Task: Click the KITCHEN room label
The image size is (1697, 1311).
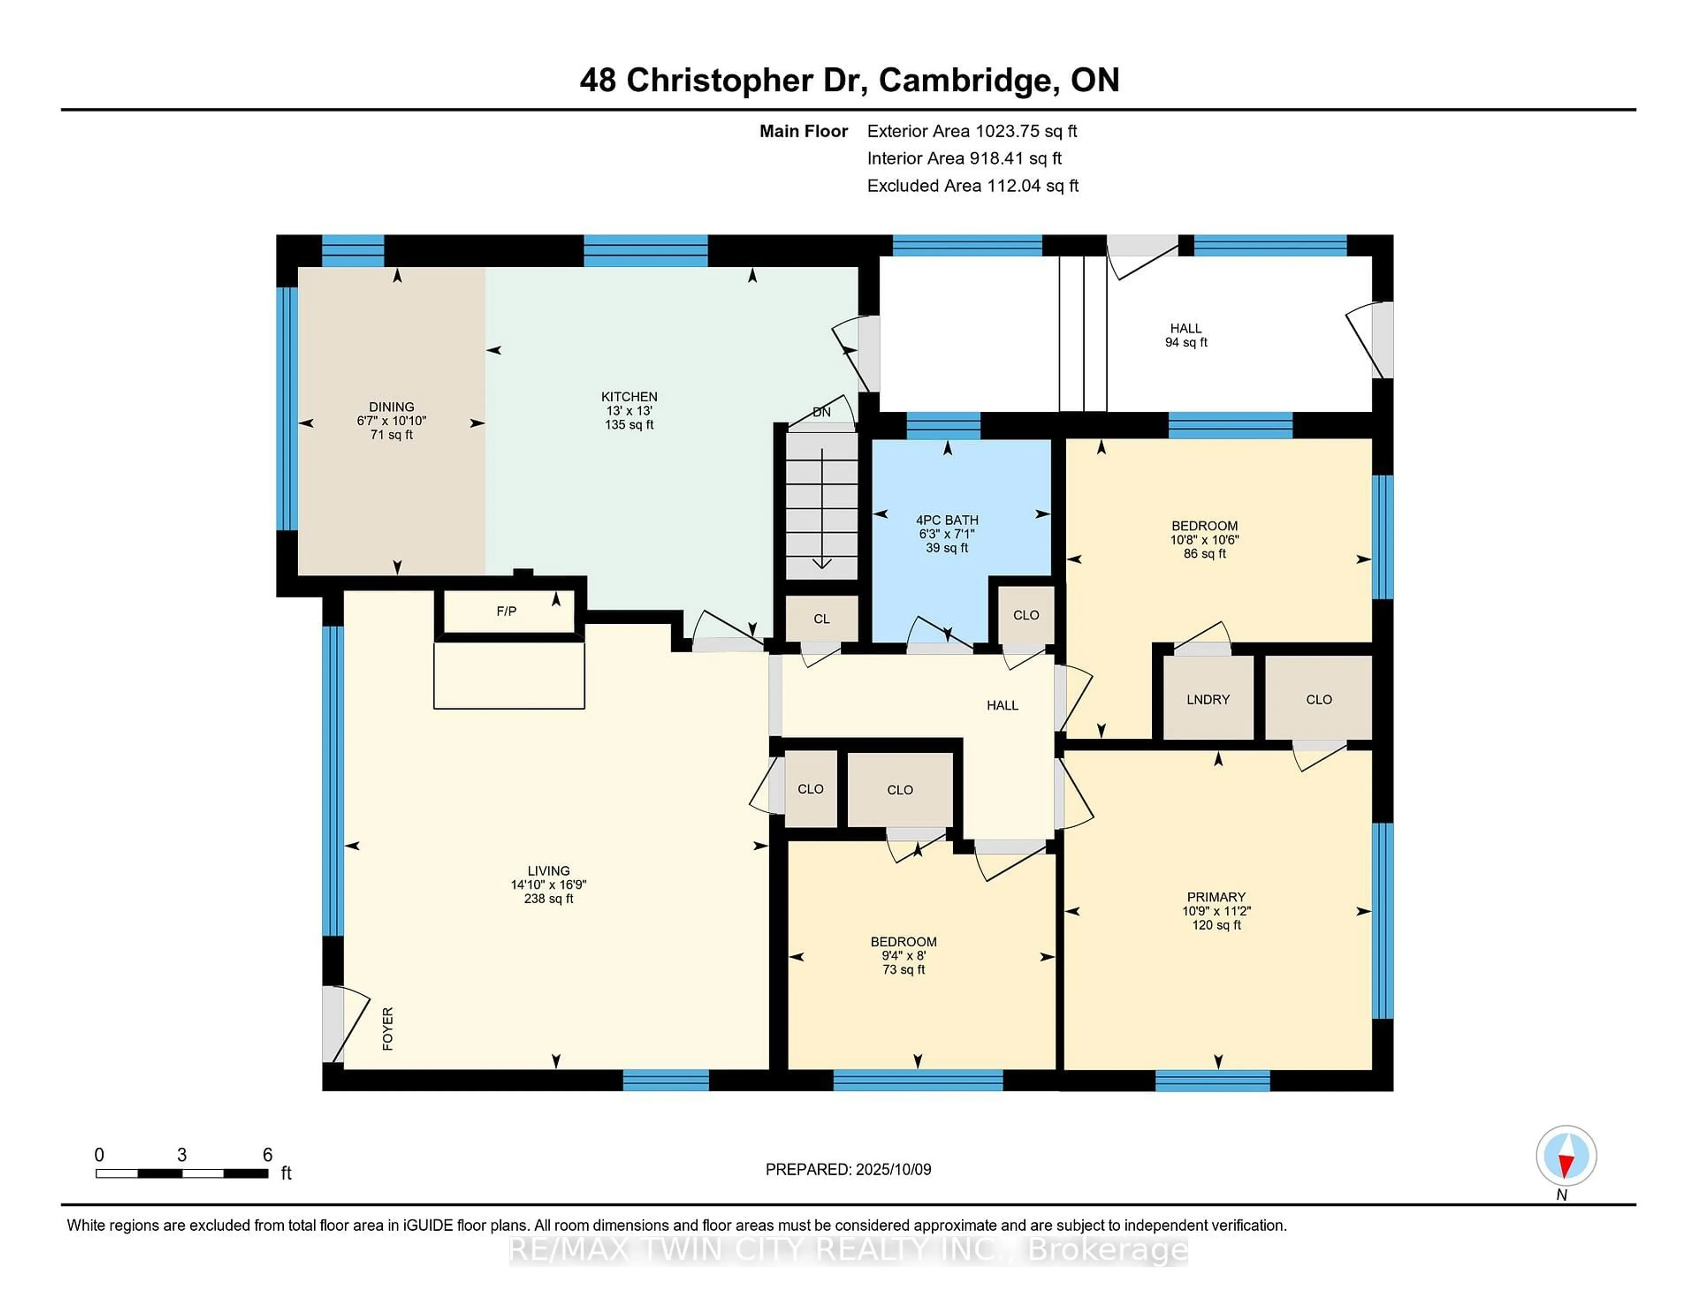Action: click(629, 396)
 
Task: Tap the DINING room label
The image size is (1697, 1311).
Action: click(392, 407)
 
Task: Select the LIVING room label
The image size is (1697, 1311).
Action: click(548, 871)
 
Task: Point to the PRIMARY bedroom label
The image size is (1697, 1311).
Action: click(1216, 897)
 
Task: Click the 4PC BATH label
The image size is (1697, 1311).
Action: click(947, 520)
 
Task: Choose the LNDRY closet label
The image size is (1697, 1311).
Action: click(1208, 700)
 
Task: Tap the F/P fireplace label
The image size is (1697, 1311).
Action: click(506, 611)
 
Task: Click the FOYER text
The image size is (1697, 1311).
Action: click(388, 1029)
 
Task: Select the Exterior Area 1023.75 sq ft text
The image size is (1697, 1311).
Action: click(972, 131)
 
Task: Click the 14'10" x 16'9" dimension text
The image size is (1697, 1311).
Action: click(548, 885)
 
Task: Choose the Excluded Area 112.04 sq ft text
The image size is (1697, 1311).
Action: click(973, 186)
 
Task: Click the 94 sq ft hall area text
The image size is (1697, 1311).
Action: click(1187, 342)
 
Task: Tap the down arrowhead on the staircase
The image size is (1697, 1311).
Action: click(822, 564)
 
